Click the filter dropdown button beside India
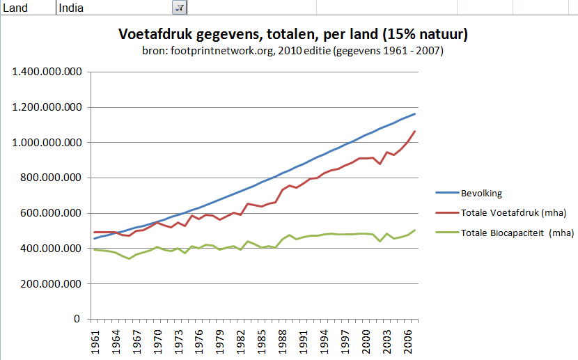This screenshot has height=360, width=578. (179, 7)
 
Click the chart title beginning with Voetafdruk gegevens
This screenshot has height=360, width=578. (292, 34)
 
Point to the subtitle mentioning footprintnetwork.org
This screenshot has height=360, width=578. (292, 51)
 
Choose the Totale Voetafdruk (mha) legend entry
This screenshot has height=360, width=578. (513, 212)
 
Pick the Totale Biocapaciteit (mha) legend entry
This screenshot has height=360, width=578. (517, 233)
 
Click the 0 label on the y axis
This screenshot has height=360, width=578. (78, 320)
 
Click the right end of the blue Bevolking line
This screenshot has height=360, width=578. (415, 114)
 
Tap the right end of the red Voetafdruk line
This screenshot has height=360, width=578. (415, 131)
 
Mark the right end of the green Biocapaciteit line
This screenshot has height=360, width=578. (415, 230)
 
